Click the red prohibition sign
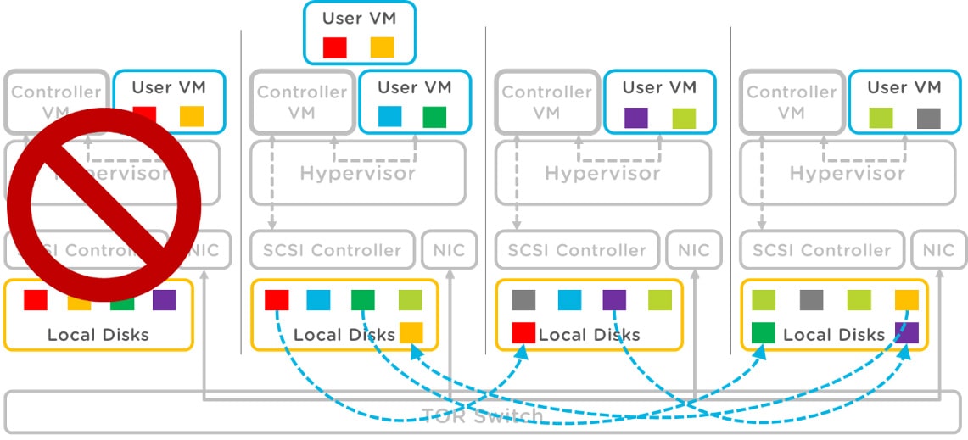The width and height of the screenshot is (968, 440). tap(104, 204)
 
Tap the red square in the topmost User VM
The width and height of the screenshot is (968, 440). tap(335, 47)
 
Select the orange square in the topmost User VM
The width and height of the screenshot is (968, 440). tap(383, 47)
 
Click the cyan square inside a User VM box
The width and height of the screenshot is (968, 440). tap(390, 116)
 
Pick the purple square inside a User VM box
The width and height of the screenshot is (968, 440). tap(635, 117)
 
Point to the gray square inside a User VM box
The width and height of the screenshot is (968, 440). tap(929, 117)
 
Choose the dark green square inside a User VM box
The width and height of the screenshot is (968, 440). tap(434, 116)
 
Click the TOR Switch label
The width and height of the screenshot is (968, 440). tap(484, 416)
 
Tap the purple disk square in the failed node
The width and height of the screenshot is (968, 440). tap(165, 300)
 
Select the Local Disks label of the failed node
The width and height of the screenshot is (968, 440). tap(98, 334)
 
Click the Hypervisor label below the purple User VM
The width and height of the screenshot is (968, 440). tap(602, 173)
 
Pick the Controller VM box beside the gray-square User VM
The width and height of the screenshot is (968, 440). tap(792, 102)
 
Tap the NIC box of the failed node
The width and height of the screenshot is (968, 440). tap(204, 250)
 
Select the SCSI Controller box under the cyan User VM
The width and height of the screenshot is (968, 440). tap(332, 250)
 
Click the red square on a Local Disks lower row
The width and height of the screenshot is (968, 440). tap(523, 332)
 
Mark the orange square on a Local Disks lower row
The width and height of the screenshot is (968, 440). tap(411, 332)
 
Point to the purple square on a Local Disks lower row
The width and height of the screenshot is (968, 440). tap(907, 332)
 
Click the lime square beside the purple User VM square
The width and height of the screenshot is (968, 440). tap(683, 117)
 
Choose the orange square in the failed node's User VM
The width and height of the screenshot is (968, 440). tap(192, 116)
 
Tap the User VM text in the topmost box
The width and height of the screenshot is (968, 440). tap(359, 18)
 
